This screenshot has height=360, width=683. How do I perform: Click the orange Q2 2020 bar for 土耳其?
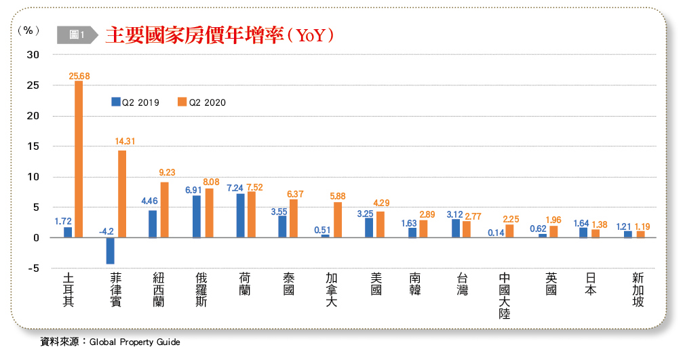79,159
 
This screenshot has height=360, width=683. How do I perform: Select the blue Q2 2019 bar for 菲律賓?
111,250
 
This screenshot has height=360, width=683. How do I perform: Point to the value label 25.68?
79,76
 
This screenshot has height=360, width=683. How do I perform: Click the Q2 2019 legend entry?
136,102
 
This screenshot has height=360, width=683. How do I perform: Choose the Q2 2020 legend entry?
201,102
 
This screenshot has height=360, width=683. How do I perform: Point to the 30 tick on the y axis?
32,55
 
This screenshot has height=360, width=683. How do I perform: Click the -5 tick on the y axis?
32,268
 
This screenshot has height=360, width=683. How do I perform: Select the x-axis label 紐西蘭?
159,289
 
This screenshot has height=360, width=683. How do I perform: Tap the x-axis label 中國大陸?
505,296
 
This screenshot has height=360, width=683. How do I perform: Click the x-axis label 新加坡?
638,289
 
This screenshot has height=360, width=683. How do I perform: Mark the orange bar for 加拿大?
338,220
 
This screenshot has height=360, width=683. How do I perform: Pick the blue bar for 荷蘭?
241,216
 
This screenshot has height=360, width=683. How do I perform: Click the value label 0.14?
496,233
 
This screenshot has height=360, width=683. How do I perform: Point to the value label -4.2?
106,231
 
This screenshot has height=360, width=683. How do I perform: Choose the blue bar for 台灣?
456,228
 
